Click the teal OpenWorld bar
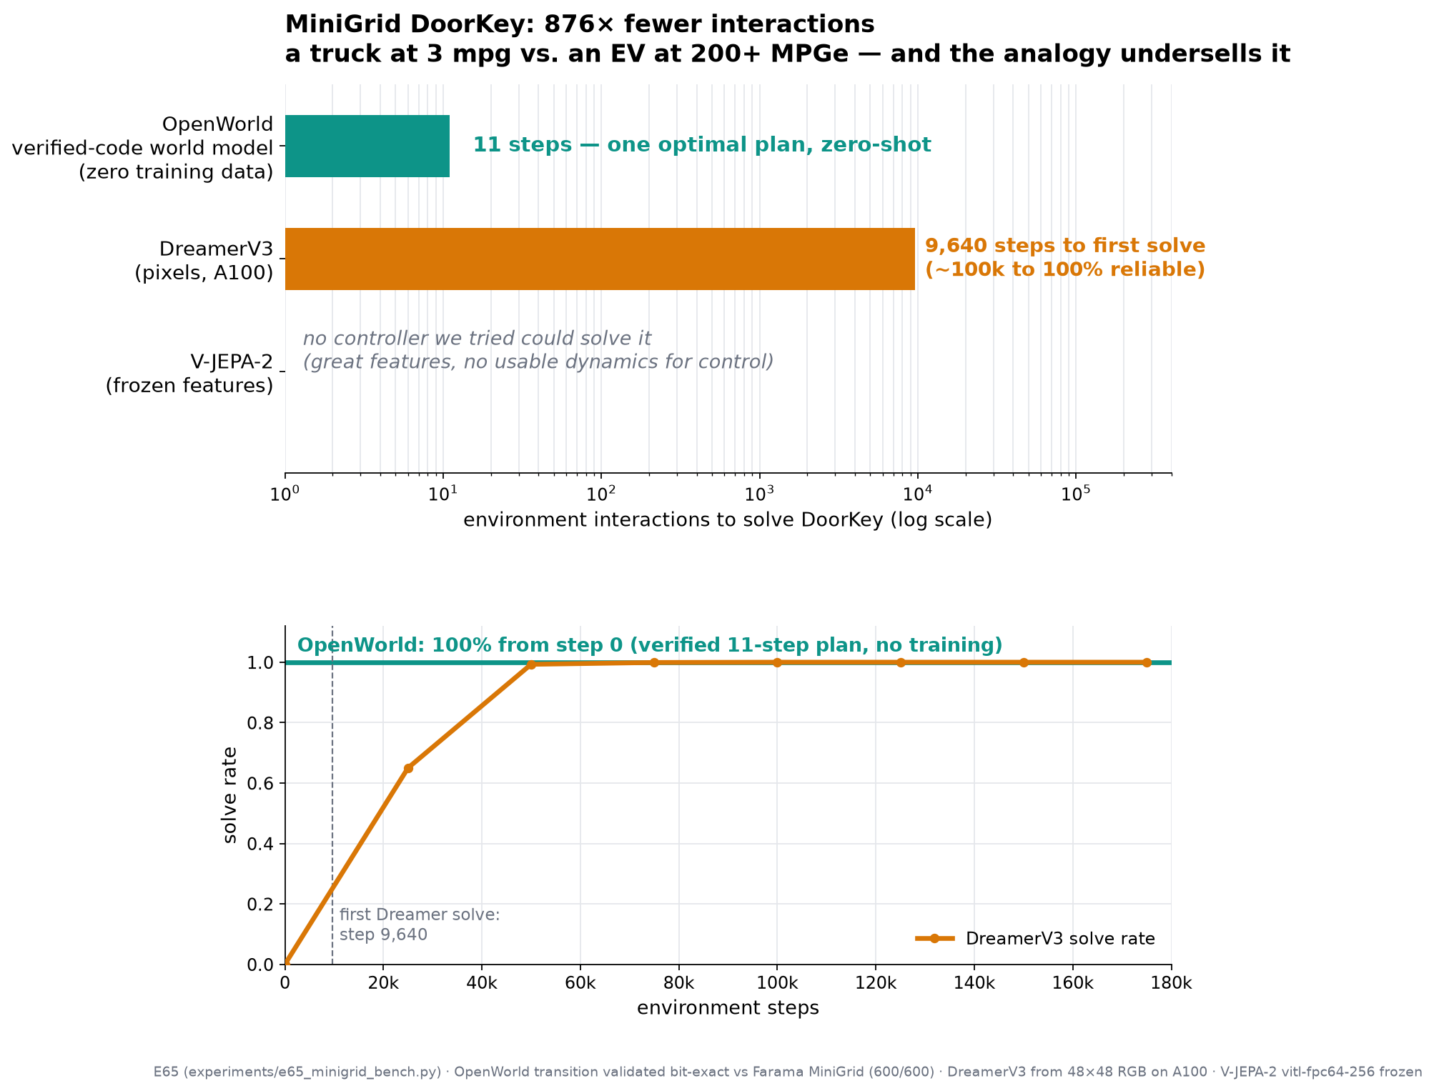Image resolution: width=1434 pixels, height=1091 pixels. (367, 146)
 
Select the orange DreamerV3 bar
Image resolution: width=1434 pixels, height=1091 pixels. (600, 259)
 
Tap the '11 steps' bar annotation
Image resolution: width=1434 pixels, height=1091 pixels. (702, 145)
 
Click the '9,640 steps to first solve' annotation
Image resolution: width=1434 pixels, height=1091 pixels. (1065, 258)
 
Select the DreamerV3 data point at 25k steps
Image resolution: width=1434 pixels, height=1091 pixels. (408, 768)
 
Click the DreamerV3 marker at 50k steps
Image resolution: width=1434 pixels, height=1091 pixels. (531, 664)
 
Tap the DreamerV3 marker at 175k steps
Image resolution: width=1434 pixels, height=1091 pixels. (1147, 662)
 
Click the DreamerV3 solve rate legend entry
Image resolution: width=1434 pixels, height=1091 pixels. (1035, 938)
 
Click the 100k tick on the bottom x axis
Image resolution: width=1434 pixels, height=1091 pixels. (777, 984)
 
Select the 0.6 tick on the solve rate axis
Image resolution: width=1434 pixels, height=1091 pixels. (264, 784)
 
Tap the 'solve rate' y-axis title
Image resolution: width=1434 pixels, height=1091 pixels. (230, 794)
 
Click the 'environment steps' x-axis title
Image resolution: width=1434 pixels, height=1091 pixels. (728, 1008)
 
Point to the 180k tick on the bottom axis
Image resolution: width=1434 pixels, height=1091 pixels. (1172, 984)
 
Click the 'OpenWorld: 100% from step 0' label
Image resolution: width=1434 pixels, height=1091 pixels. (650, 645)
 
